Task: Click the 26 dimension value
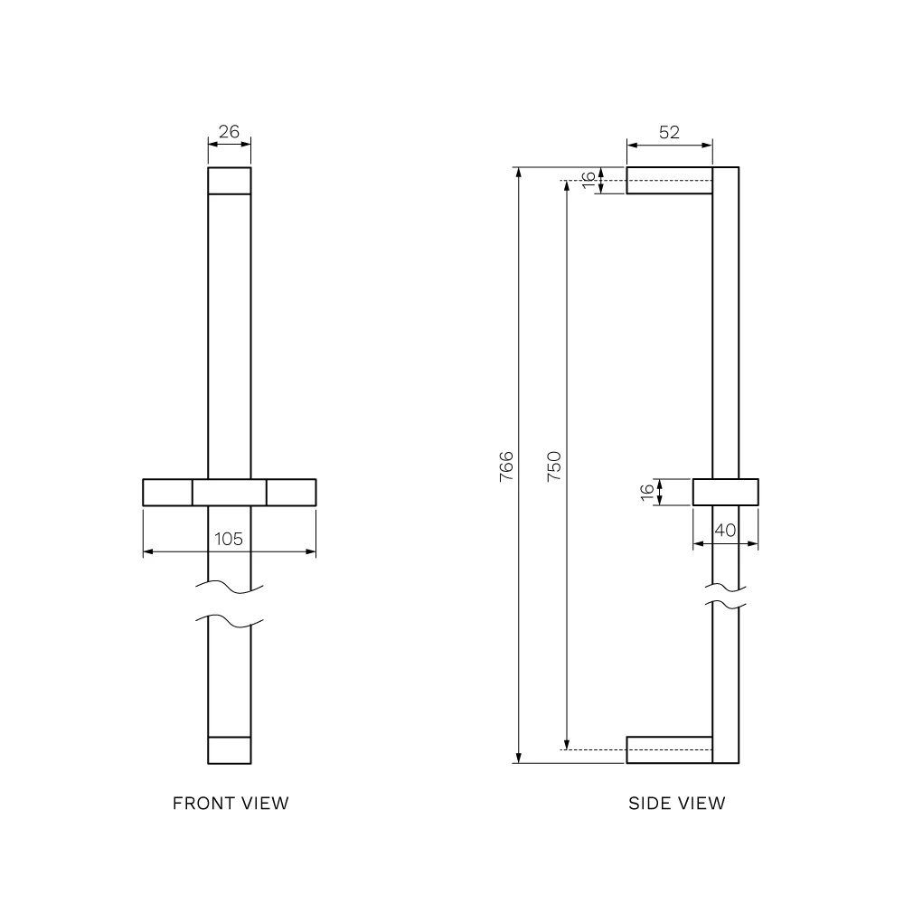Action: [x=229, y=132]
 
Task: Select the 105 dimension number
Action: [x=229, y=539]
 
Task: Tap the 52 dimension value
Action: [x=669, y=133]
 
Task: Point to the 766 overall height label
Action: [x=506, y=466]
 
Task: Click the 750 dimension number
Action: [x=554, y=466]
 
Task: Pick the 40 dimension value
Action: [x=725, y=531]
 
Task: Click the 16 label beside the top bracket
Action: [x=589, y=180]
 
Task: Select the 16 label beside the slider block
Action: [x=647, y=492]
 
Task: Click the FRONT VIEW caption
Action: [x=231, y=803]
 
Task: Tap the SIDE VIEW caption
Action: [x=677, y=803]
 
